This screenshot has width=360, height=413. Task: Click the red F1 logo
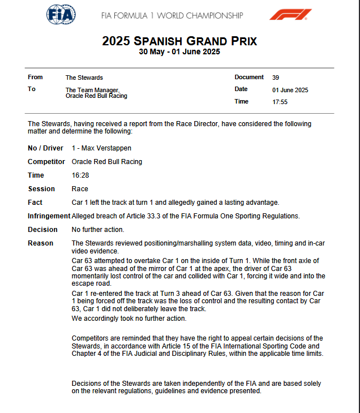click(x=290, y=15)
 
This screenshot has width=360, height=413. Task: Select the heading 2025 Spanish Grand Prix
click(x=179, y=41)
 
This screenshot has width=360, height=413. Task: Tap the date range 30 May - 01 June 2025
click(x=179, y=52)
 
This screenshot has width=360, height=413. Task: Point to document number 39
click(x=275, y=78)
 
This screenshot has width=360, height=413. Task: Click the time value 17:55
click(x=280, y=102)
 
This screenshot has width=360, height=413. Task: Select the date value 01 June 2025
click(x=290, y=90)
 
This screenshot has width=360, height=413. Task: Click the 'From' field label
click(x=35, y=78)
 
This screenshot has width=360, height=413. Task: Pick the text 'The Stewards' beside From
click(x=84, y=78)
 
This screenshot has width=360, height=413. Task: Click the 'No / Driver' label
click(x=46, y=148)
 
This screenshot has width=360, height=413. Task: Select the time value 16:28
click(x=80, y=175)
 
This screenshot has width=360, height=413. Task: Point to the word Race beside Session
click(x=80, y=189)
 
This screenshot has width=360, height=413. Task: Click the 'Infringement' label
click(x=49, y=216)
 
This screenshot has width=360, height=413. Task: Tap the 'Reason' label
click(x=41, y=243)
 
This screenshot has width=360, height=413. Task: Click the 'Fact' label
click(x=35, y=203)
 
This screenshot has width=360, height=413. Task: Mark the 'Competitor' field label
click(x=46, y=162)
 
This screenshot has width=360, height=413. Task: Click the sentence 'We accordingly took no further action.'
click(x=129, y=319)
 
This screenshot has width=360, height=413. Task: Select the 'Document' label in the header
click(x=249, y=78)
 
